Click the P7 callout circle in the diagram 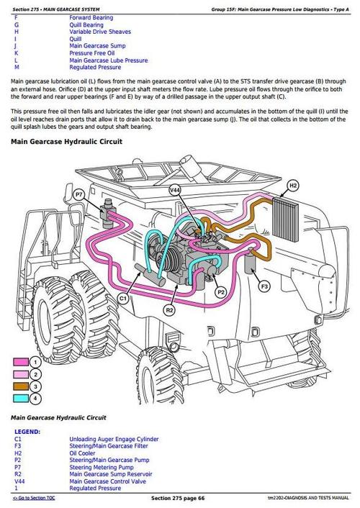(x=78, y=194)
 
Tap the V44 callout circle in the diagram (x=175, y=190)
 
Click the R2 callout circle (x=169, y=309)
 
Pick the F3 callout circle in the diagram (x=264, y=287)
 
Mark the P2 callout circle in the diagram (x=221, y=293)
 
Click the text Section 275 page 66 (x=178, y=499)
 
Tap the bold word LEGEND (x=27, y=432)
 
